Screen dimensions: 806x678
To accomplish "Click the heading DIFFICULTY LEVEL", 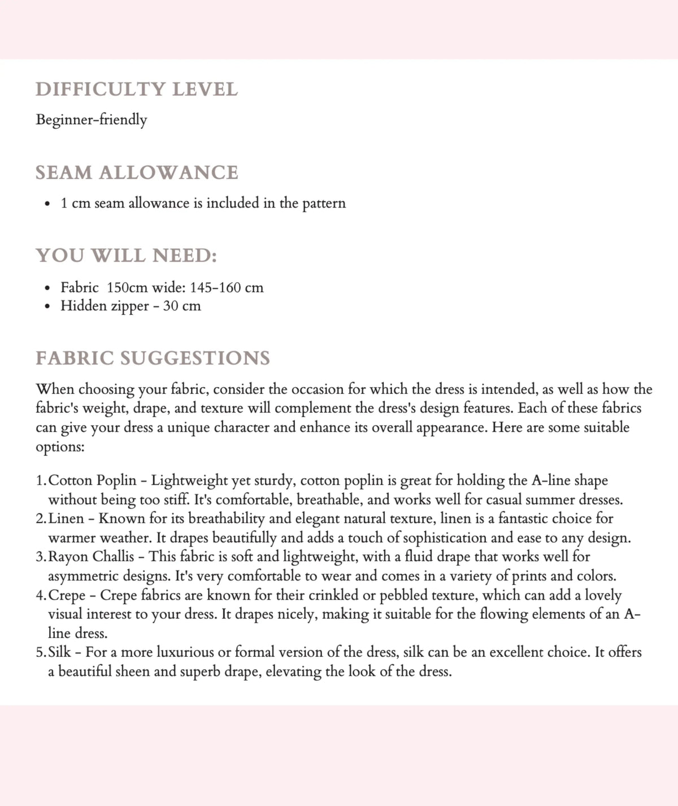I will pos(137,89).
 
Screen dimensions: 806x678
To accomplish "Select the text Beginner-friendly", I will pos(92,120).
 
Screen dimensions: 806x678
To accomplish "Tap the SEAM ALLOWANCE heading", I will pos(137,172).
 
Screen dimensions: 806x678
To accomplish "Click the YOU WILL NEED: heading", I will pos(127,255).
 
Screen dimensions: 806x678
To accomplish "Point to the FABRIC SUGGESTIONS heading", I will pos(153,358).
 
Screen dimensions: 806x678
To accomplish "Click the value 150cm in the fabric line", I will pos(127,288).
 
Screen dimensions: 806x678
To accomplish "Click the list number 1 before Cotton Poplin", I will pos(40,481).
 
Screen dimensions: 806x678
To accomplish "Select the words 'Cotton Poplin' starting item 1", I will pos(93,481).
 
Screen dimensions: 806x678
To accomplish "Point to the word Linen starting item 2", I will pos(67,518).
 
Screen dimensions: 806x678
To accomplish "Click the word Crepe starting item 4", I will pos(67,595).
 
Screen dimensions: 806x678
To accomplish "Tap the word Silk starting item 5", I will pos(60,652).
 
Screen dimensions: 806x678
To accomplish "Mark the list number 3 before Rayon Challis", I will pos(40,557).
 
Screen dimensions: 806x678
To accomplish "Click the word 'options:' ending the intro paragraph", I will pos(60,447).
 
